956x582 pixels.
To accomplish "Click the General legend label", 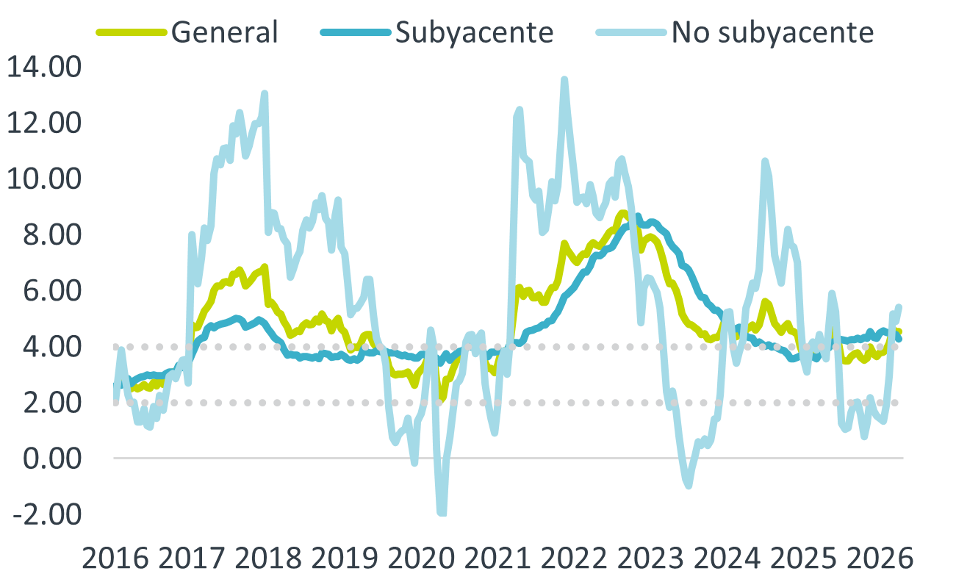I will (224, 32).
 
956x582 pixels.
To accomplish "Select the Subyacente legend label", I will (474, 32).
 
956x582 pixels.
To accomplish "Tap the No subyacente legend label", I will (772, 32).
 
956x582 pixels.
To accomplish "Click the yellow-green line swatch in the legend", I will (132, 32).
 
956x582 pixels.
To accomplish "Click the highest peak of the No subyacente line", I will (564, 78).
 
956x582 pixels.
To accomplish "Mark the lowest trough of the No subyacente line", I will (442, 514).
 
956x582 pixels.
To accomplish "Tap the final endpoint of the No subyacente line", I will (899, 306).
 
